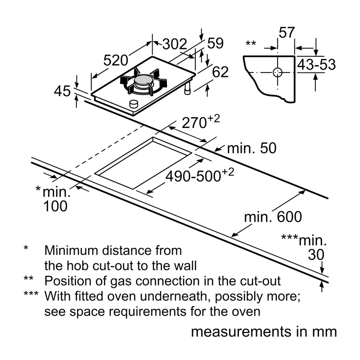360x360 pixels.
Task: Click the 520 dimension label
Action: point(116,61)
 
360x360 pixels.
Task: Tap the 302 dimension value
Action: point(175,44)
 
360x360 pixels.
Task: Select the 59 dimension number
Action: point(215,43)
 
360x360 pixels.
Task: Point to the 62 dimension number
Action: point(220,72)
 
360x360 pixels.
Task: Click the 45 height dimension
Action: point(62,91)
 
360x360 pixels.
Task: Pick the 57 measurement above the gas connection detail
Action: point(287,32)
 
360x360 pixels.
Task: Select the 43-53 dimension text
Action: point(316,64)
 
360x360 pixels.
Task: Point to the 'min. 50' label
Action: point(252,148)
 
